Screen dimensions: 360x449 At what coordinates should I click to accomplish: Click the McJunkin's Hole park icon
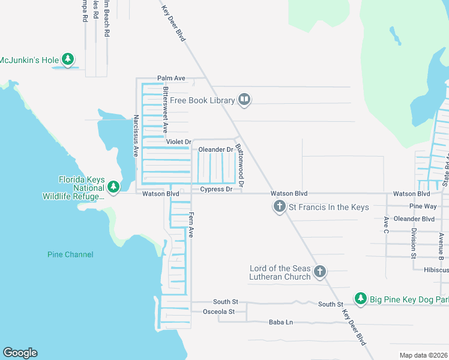click(x=69, y=59)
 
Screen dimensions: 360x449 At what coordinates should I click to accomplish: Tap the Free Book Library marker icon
click(x=244, y=100)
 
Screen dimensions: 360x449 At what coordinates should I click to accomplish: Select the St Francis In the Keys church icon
click(x=279, y=207)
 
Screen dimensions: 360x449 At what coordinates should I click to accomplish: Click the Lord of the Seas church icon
click(x=320, y=272)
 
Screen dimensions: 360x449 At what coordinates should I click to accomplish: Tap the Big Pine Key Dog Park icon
click(x=360, y=298)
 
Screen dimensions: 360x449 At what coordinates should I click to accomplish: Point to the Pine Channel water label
click(x=70, y=254)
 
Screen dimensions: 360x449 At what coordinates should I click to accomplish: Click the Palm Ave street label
click(x=171, y=78)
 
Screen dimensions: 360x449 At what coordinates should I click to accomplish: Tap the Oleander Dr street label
click(x=215, y=149)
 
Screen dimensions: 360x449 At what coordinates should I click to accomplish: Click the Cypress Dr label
click(x=216, y=189)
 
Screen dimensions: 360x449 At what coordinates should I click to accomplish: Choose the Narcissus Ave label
click(x=136, y=136)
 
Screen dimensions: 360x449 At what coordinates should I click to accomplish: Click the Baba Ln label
click(x=281, y=322)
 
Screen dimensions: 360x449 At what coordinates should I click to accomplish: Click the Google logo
click(x=20, y=352)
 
